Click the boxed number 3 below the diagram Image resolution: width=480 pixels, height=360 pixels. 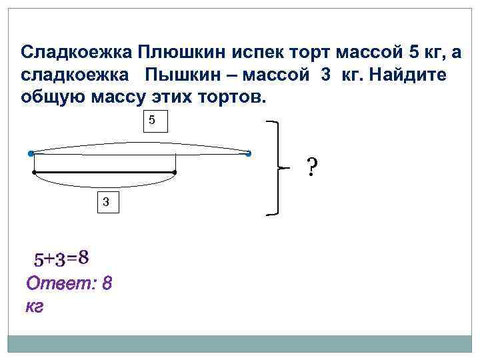tap(105, 202)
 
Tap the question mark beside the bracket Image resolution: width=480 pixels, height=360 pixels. tap(311, 167)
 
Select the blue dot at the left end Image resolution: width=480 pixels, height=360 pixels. tap(31, 154)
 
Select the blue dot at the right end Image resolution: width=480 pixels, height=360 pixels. tap(248, 154)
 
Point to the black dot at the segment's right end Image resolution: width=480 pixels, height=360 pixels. tap(174, 173)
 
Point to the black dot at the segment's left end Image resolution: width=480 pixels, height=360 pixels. tap(34, 173)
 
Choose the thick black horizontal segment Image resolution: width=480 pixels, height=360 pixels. tap(104, 173)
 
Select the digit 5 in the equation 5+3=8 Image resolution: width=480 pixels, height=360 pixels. tap(40, 259)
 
